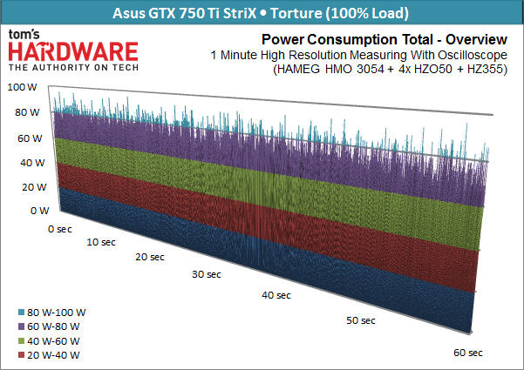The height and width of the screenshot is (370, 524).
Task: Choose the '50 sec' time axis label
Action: [360, 320]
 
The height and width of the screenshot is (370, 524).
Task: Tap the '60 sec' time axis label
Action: [468, 353]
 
